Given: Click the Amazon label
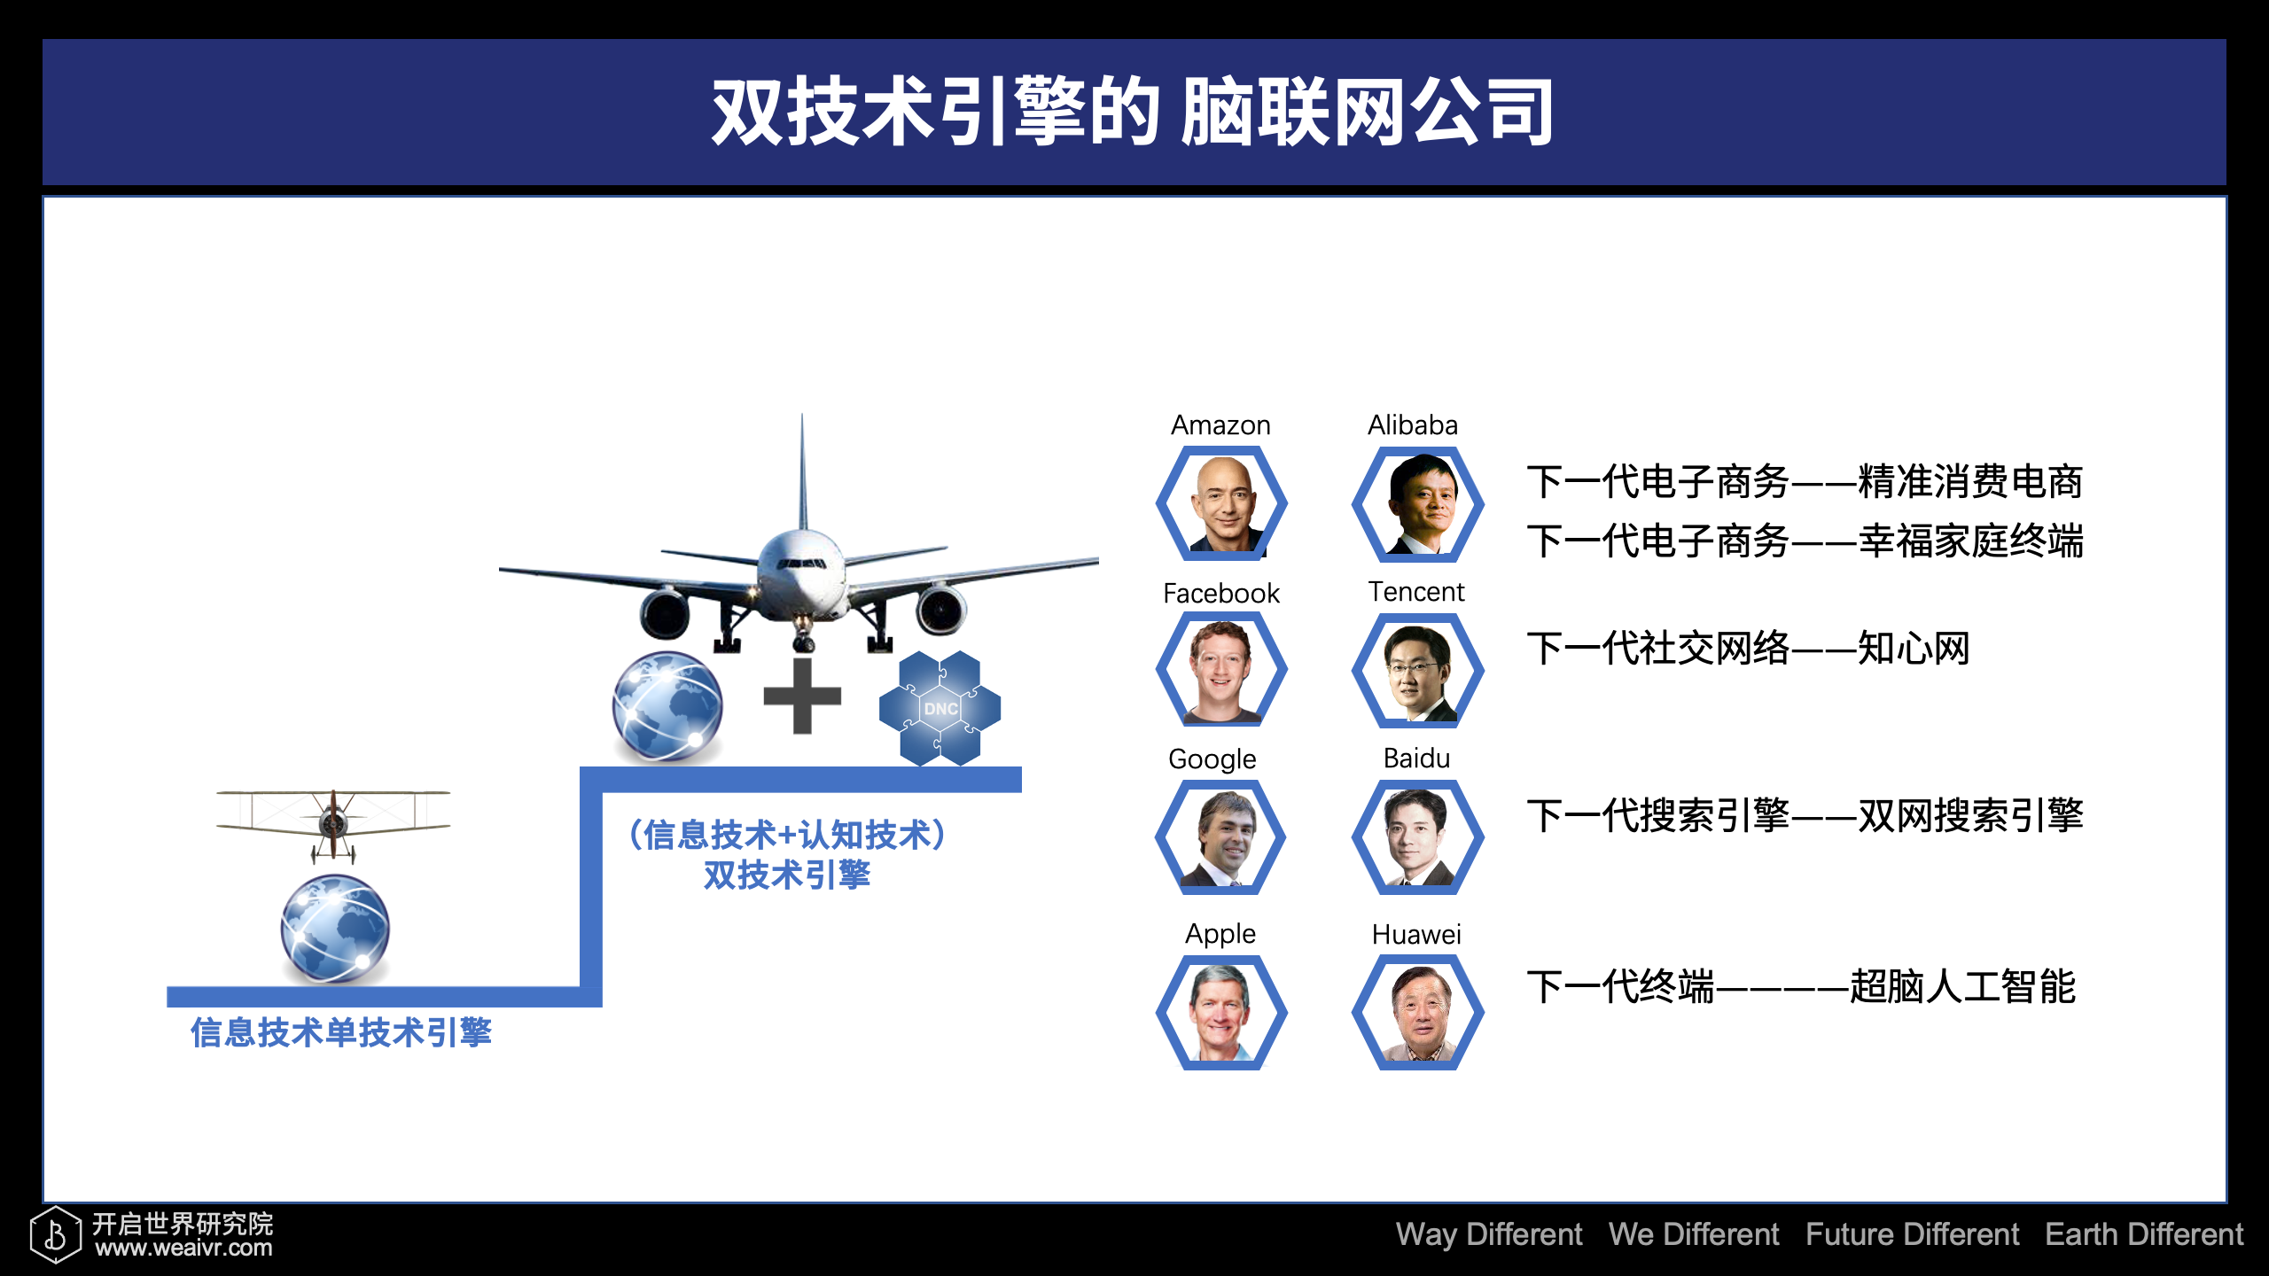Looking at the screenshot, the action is click(x=1220, y=425).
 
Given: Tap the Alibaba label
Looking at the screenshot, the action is click(x=1413, y=425).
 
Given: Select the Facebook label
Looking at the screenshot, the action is click(x=1221, y=593).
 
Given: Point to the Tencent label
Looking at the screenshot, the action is click(x=1416, y=591).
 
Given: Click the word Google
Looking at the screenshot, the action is click(x=1212, y=759).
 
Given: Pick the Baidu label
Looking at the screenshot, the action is click(x=1416, y=759).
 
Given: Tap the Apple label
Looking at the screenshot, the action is click(x=1220, y=934).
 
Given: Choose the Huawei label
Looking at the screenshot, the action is click(x=1416, y=934).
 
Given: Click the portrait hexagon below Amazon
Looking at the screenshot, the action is click(x=1221, y=503).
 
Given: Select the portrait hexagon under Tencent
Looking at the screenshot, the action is click(x=1418, y=670).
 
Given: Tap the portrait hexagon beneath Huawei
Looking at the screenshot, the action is click(x=1418, y=1012).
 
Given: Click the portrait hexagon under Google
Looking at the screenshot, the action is click(x=1221, y=837).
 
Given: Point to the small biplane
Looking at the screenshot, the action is click(x=333, y=825).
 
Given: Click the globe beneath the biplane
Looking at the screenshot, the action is click(x=335, y=929).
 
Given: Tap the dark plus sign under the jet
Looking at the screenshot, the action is click(x=802, y=696).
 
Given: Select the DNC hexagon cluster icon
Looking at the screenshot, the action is click(x=940, y=708).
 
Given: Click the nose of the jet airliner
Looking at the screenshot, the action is click(x=802, y=567).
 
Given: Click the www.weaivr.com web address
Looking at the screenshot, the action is click(x=184, y=1248).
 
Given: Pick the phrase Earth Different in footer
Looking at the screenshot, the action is click(x=2144, y=1234).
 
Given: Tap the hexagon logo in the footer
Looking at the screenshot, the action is click(x=55, y=1233).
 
